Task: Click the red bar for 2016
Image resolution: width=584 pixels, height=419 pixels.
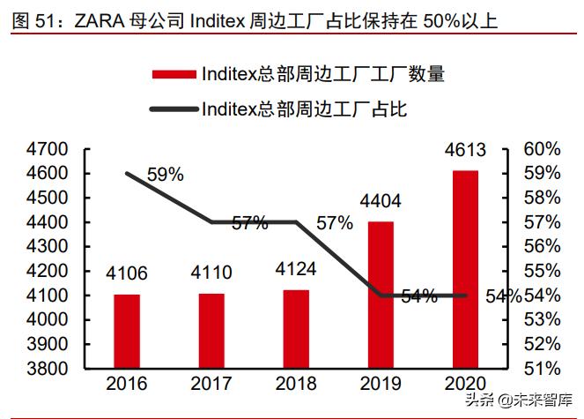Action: tap(127, 331)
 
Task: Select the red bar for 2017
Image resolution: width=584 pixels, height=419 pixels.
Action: tap(211, 330)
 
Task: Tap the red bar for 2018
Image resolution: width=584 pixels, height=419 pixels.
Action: tap(296, 328)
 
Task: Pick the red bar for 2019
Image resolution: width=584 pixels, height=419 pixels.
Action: tap(381, 294)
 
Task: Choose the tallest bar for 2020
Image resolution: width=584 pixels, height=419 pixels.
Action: tap(465, 268)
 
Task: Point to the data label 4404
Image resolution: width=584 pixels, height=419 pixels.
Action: tap(381, 202)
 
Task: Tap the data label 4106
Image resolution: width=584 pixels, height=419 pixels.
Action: tap(127, 273)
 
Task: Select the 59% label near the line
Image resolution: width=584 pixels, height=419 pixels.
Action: tap(165, 175)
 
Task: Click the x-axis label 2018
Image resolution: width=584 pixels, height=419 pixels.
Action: tap(296, 384)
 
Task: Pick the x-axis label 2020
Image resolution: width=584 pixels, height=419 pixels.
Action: tap(465, 384)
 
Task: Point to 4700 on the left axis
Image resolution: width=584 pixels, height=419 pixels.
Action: tap(45, 148)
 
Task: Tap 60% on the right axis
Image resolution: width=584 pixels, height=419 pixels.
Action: tap(541, 148)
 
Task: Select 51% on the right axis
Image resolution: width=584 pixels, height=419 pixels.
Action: tap(541, 367)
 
